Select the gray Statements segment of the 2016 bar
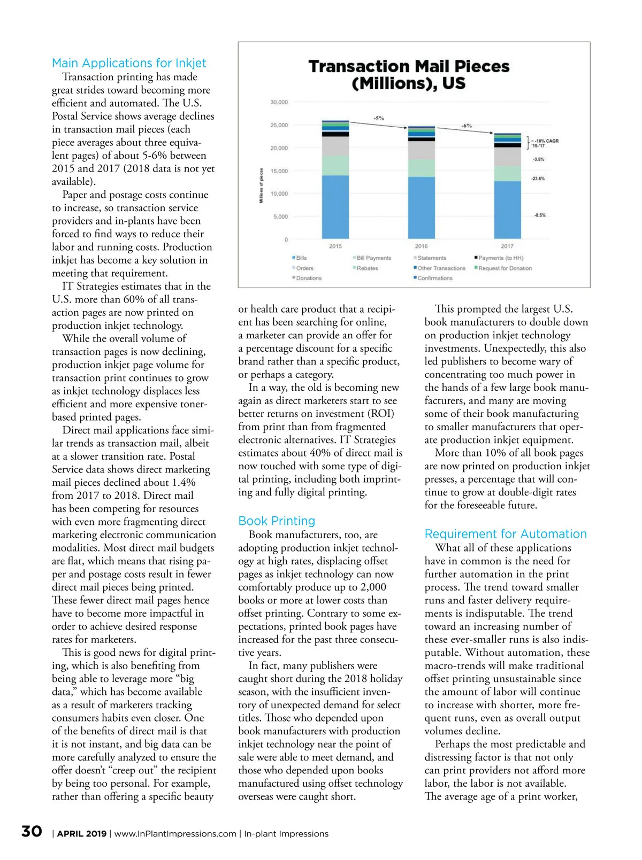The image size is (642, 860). [x=422, y=150]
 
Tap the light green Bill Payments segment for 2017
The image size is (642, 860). [x=507, y=173]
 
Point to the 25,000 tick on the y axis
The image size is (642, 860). [x=279, y=125]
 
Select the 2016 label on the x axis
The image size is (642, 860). [x=422, y=246]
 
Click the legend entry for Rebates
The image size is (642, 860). [x=367, y=268]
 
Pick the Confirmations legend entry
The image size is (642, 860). [x=434, y=278]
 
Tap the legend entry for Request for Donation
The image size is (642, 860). [x=505, y=268]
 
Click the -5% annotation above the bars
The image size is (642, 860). [x=378, y=118]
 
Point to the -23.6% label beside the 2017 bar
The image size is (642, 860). [x=538, y=179]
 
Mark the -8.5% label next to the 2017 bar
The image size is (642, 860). [x=539, y=215]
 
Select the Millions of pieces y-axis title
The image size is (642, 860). [x=261, y=185]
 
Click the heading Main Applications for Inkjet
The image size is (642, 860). [x=129, y=63]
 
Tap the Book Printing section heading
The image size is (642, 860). [x=277, y=521]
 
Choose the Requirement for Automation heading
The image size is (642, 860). [x=506, y=534]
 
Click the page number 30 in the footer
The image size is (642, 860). [x=32, y=832]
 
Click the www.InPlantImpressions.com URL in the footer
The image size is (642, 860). [x=175, y=834]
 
